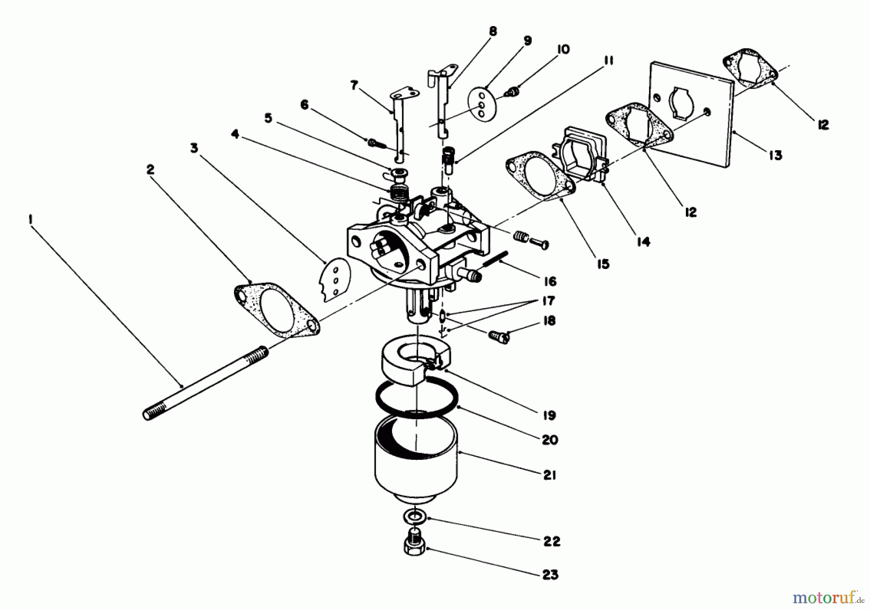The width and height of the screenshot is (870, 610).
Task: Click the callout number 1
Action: [30, 220]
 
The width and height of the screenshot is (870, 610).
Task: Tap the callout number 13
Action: [775, 155]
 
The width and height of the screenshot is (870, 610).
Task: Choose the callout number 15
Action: [603, 264]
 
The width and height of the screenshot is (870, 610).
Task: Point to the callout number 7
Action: [354, 85]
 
